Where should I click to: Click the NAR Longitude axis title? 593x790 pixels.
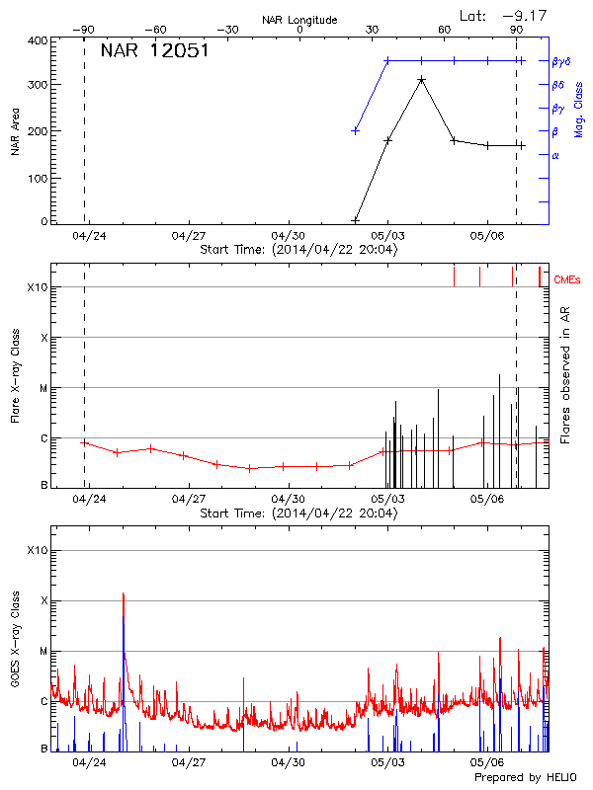(x=299, y=20)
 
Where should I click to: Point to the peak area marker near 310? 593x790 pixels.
(x=421, y=80)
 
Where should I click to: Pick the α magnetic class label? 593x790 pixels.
(x=555, y=155)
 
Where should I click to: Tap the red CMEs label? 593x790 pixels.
(x=566, y=280)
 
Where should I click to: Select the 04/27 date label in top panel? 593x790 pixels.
(x=188, y=236)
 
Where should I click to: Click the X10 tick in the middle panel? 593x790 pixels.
(x=38, y=287)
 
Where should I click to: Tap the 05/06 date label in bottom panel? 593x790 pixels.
(x=488, y=762)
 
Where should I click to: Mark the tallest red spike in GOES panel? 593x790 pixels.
(x=124, y=593)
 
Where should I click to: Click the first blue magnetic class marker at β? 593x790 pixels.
(x=356, y=130)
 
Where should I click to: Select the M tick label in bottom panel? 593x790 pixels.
(x=42, y=651)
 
